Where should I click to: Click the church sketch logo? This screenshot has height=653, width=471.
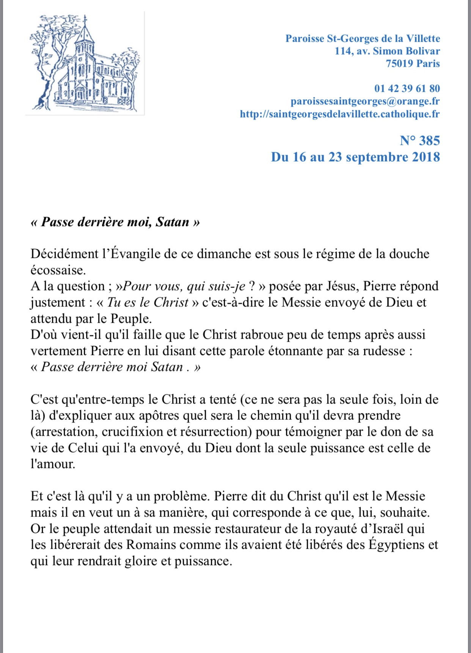click(x=85, y=63)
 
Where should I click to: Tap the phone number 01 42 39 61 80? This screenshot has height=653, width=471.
click(x=407, y=88)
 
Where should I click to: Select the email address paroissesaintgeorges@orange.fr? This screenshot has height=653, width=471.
click(x=365, y=101)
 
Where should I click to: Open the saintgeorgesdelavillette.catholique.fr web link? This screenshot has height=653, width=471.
click(x=340, y=114)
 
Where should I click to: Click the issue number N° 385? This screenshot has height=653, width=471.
click(x=420, y=141)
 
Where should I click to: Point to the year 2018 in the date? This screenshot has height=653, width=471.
click(x=426, y=157)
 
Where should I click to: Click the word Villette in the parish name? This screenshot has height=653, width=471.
click(x=423, y=38)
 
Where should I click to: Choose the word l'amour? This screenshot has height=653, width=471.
click(x=53, y=464)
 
